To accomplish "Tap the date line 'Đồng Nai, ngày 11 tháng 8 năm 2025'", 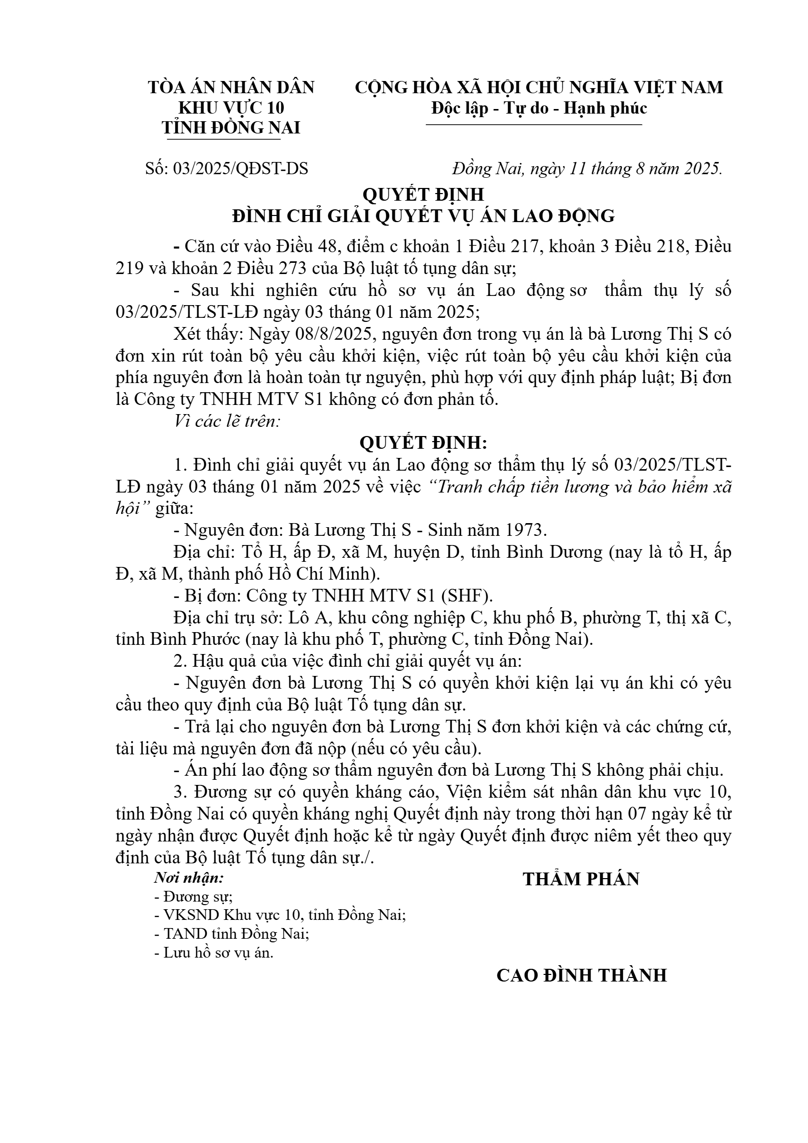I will [587, 169].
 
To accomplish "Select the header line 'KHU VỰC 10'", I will [231, 108].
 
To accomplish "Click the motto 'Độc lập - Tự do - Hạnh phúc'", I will [539, 108].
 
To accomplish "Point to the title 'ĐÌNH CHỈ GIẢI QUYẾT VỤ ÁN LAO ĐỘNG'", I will [423, 216].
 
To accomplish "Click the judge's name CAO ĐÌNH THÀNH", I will [581, 975].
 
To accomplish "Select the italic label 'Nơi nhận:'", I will [189, 878].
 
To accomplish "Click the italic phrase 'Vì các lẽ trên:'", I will [227, 422].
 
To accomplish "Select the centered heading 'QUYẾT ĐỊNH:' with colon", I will [423, 443].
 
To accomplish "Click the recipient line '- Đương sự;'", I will [194, 896].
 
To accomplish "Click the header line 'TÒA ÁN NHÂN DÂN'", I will [231, 88].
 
